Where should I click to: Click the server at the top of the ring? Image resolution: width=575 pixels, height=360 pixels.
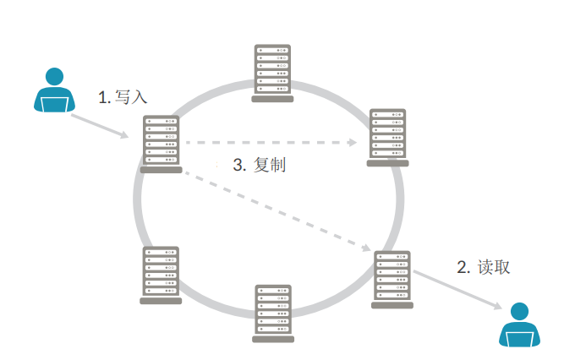(272, 72)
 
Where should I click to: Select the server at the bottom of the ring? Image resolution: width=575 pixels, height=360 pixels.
(273, 312)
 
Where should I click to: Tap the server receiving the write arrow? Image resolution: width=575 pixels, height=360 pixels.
(161, 143)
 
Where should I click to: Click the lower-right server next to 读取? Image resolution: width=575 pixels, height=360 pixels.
(393, 278)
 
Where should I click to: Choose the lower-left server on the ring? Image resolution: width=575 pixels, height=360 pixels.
(161, 274)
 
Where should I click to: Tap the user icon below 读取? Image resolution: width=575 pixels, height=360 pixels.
(518, 325)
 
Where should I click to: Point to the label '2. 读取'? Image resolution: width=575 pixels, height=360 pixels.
(483, 268)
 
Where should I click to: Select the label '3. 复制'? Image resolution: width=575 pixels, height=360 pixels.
(259, 166)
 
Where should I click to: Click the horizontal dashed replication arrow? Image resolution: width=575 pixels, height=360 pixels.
(271, 143)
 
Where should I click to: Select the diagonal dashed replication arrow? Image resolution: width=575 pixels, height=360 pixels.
(279, 212)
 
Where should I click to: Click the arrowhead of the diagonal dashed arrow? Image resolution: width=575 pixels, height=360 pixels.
(367, 249)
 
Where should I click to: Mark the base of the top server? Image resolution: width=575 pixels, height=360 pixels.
(272, 99)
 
